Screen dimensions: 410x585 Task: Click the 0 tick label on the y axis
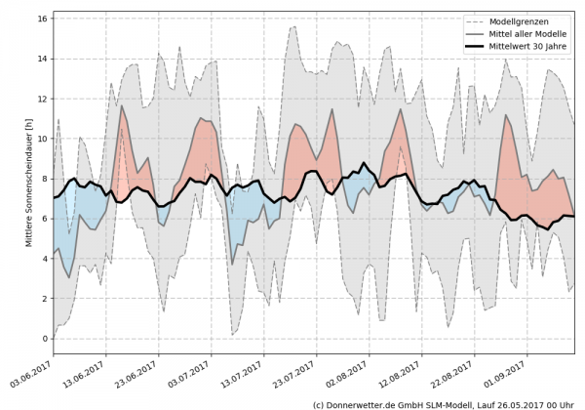[x=43, y=339]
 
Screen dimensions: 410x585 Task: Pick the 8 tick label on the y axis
[x=43, y=179]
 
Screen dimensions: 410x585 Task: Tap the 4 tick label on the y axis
[x=43, y=259]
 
